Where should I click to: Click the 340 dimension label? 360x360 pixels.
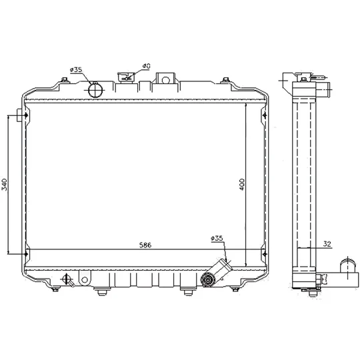click(x=5, y=184)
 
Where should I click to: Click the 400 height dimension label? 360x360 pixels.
click(x=242, y=185)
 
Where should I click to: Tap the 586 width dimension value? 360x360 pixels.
click(x=145, y=245)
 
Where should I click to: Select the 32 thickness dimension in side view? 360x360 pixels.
click(x=327, y=243)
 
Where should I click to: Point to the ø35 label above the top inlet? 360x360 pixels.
click(x=76, y=69)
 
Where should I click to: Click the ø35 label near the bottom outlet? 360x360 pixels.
click(x=217, y=238)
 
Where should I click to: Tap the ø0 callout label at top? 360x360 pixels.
click(x=146, y=66)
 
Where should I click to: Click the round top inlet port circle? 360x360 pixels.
click(x=96, y=90)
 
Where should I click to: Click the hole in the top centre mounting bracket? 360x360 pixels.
click(x=165, y=80)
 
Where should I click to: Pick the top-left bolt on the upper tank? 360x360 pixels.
click(x=65, y=79)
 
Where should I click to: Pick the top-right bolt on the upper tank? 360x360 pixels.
click(x=226, y=79)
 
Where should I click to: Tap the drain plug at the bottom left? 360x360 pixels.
click(x=67, y=279)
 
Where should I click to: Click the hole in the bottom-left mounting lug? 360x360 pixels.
click(x=85, y=279)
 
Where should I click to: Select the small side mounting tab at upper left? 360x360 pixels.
click(x=19, y=115)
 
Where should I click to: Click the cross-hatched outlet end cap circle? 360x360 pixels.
click(x=207, y=279)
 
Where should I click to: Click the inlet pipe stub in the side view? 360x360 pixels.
click(x=324, y=90)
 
